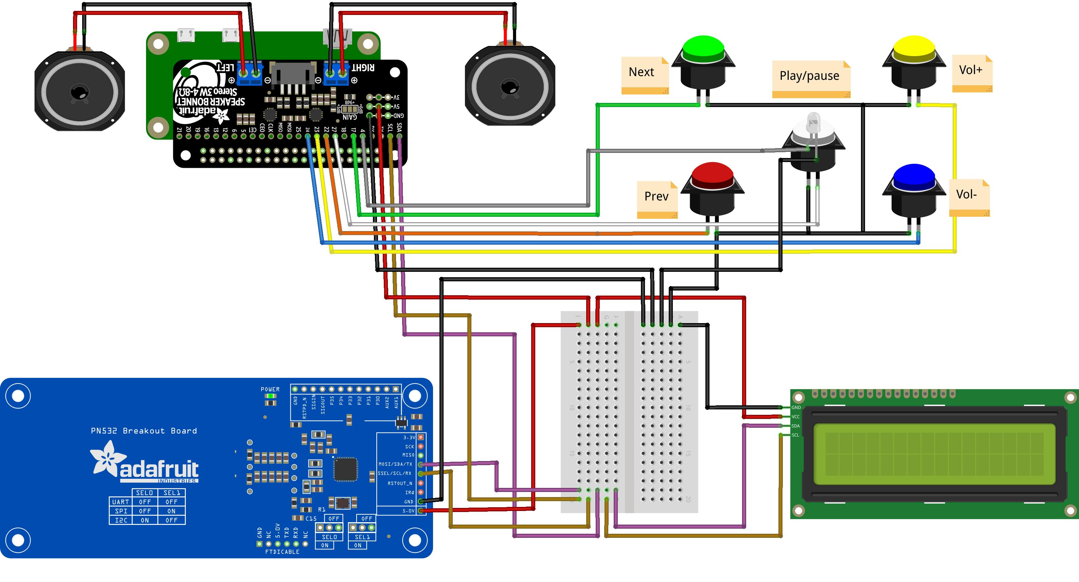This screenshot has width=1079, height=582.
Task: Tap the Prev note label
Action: pos(657,196)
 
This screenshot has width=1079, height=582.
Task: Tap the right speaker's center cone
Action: pos(510,87)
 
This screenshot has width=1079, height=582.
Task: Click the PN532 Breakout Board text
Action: pos(144,431)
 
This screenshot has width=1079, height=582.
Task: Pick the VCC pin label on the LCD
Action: pos(795,417)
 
